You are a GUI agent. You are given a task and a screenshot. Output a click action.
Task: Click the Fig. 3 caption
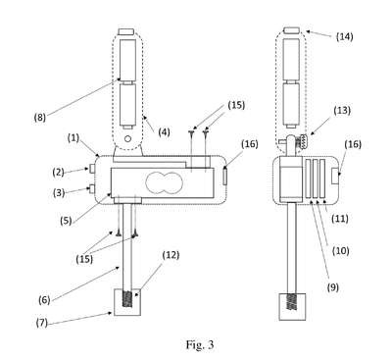tap(200, 344)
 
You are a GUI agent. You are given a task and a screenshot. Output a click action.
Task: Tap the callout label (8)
tap(40, 117)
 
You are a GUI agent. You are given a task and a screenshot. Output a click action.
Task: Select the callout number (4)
tap(164, 132)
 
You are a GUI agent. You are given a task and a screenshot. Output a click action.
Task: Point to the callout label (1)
tap(73, 138)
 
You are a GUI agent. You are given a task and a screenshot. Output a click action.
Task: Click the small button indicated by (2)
tap(92, 169)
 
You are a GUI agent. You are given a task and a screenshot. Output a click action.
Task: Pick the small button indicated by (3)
tap(92, 188)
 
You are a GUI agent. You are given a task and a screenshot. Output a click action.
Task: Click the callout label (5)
tap(66, 221)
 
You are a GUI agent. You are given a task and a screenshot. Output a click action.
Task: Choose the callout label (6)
tap(44, 300)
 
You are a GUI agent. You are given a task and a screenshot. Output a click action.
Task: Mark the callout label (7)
tap(42, 323)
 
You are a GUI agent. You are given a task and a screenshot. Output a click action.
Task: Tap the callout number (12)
tap(171, 255)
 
